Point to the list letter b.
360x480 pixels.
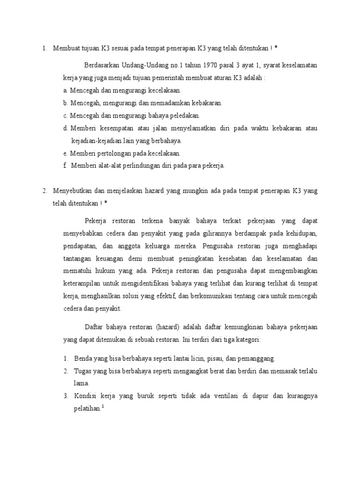(x=66, y=103)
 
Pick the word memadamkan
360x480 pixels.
(x=171, y=103)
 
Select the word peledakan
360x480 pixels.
(x=186, y=115)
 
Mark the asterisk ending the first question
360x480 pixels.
(x=276, y=48)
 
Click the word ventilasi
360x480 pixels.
(x=225, y=396)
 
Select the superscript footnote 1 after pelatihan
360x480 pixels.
(x=103, y=406)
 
